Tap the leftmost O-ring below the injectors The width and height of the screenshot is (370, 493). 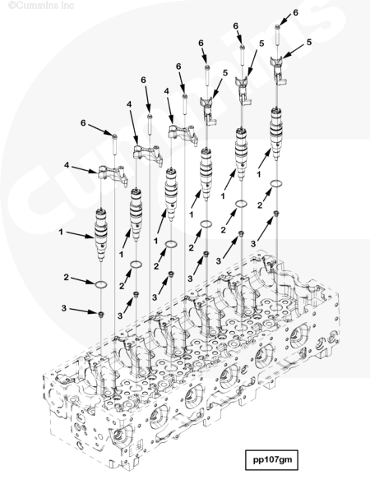[x=100, y=283]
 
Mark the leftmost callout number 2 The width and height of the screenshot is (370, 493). [x=66, y=279]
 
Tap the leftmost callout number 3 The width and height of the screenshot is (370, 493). [x=66, y=309]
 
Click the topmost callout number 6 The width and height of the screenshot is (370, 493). [x=296, y=13]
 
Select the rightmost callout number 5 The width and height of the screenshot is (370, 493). [x=309, y=41]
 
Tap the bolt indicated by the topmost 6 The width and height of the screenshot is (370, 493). [x=277, y=33]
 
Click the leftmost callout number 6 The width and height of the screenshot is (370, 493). [x=82, y=123]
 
